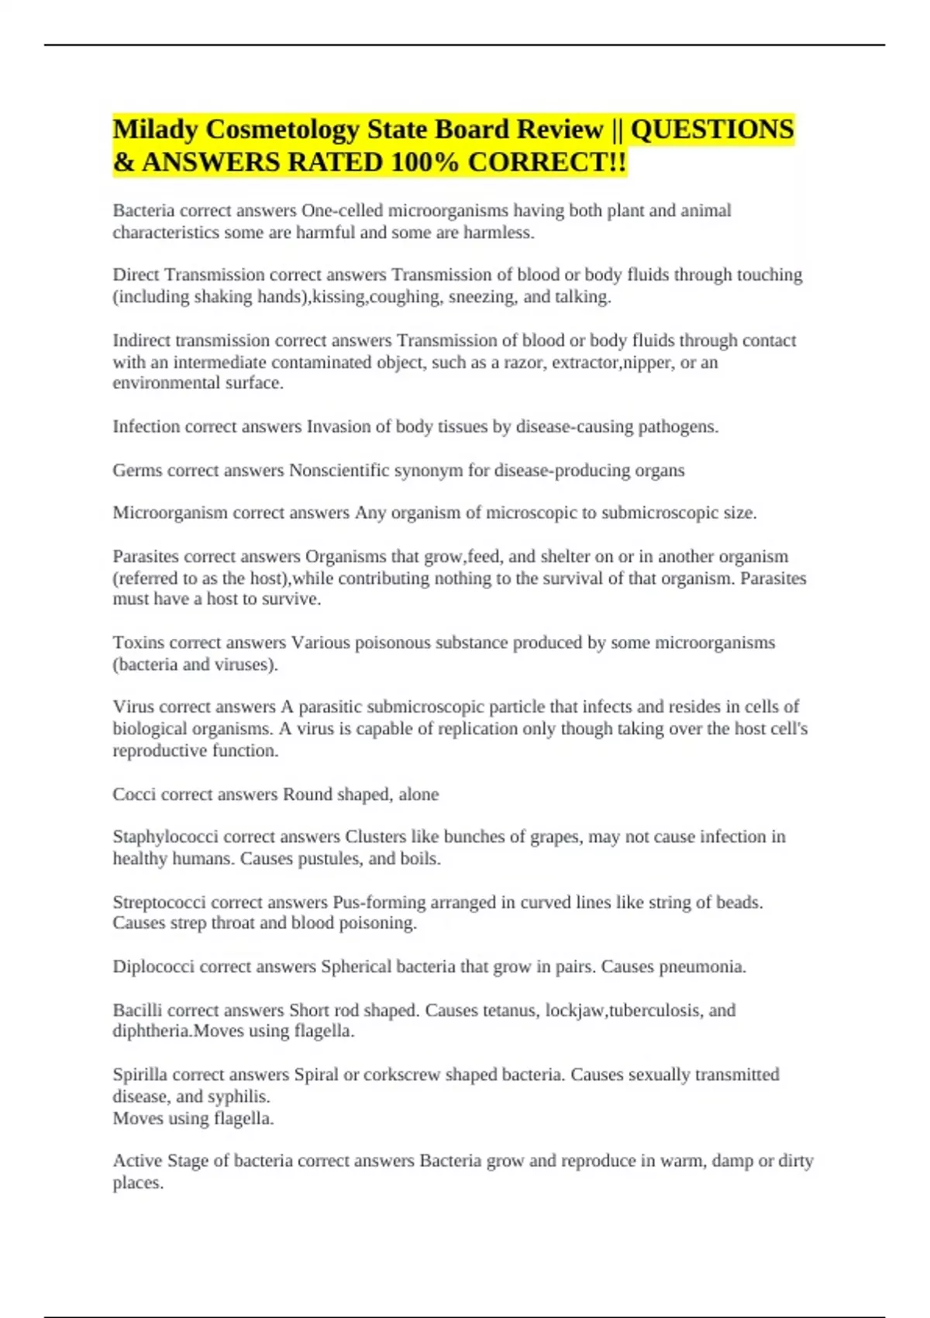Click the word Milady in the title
(157, 129)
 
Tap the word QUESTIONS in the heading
(712, 129)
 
